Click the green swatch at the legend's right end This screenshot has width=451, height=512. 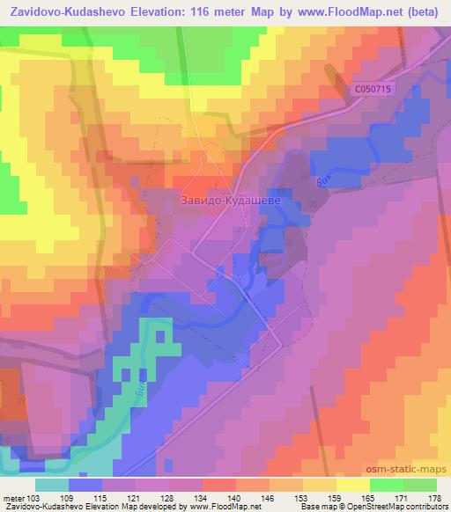[x=420, y=485]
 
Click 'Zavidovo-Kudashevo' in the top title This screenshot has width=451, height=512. [x=68, y=13]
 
